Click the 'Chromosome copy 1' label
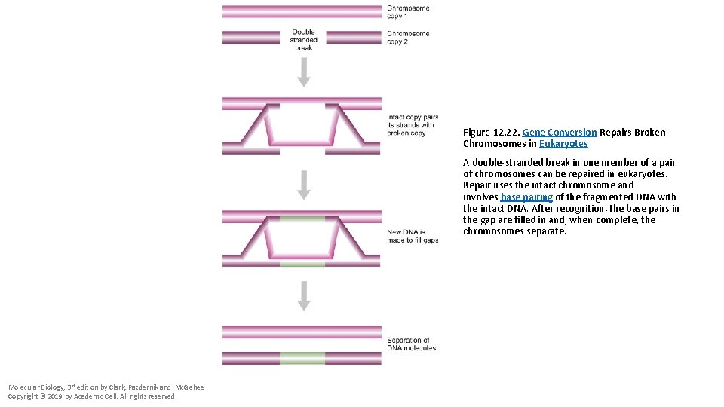[x=408, y=11]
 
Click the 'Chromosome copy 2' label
[x=408, y=37]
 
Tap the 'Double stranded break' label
[x=303, y=39]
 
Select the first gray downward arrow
[x=303, y=72]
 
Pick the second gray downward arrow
[x=303, y=184]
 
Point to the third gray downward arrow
[x=303, y=295]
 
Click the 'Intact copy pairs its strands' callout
[x=412, y=125]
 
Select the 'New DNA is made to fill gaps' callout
[x=412, y=236]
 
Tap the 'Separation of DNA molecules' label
[x=411, y=344]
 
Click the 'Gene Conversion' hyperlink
[x=560, y=133]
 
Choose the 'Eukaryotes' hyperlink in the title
[x=563, y=144]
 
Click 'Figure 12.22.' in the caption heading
[x=491, y=133]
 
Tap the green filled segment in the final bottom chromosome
[x=302, y=358]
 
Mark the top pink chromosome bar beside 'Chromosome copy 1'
[x=302, y=11]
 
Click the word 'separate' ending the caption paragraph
[x=548, y=231]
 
